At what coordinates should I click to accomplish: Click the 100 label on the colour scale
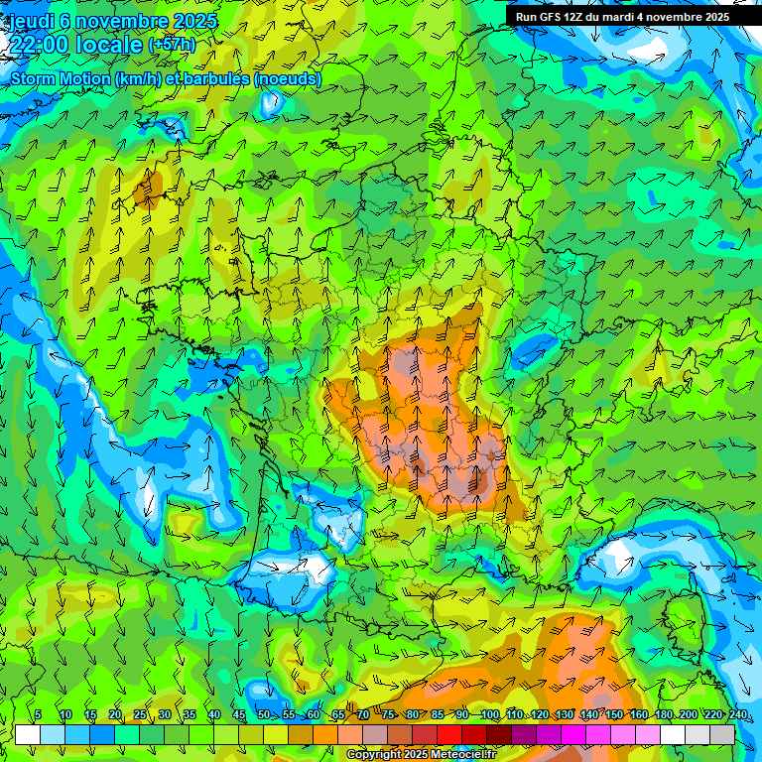[489, 714]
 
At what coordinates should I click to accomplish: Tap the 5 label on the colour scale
[38, 714]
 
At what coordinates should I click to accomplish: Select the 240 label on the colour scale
[737, 714]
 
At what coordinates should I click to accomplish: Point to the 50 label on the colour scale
[264, 714]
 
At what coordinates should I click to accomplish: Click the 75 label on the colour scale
[387, 714]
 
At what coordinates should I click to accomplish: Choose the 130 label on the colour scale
[564, 714]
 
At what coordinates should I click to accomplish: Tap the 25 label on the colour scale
[140, 714]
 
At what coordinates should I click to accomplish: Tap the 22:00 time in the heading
[40, 44]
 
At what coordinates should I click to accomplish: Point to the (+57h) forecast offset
[173, 45]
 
